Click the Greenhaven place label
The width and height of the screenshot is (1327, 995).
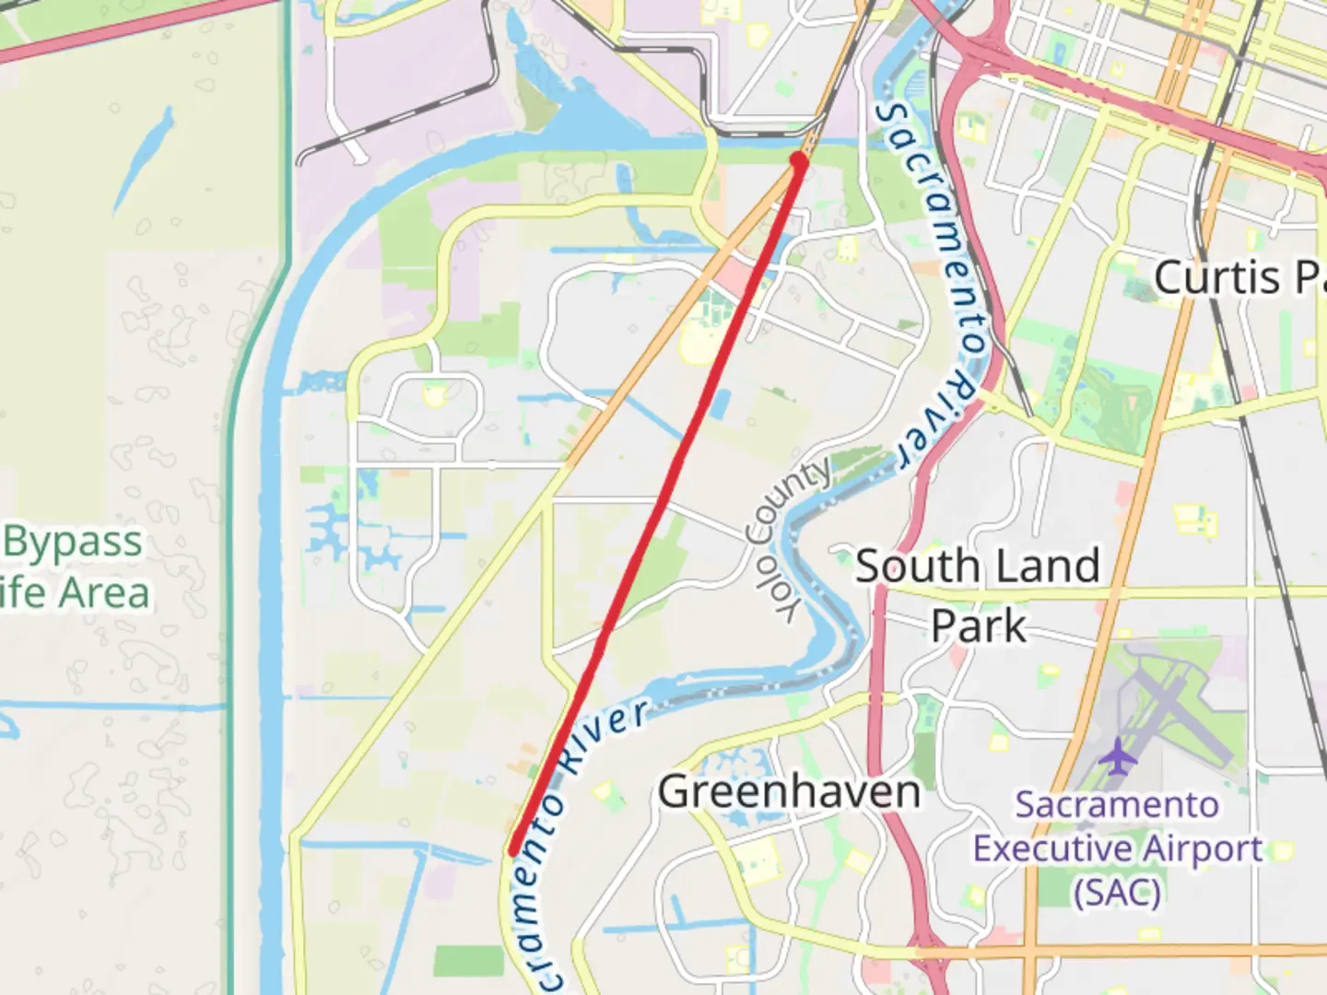790,792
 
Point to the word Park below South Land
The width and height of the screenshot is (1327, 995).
978,626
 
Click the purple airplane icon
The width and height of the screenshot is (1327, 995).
1117,756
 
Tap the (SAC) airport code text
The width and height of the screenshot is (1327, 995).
1117,892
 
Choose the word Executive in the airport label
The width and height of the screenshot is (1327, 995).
1049,849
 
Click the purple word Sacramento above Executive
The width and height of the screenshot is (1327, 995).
1117,804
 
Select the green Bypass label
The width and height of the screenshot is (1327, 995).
74,542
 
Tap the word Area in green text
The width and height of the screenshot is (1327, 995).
106,592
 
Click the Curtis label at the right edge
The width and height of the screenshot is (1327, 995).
1216,277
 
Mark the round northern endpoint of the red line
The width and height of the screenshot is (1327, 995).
799,162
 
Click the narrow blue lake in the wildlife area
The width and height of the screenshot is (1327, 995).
143,161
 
